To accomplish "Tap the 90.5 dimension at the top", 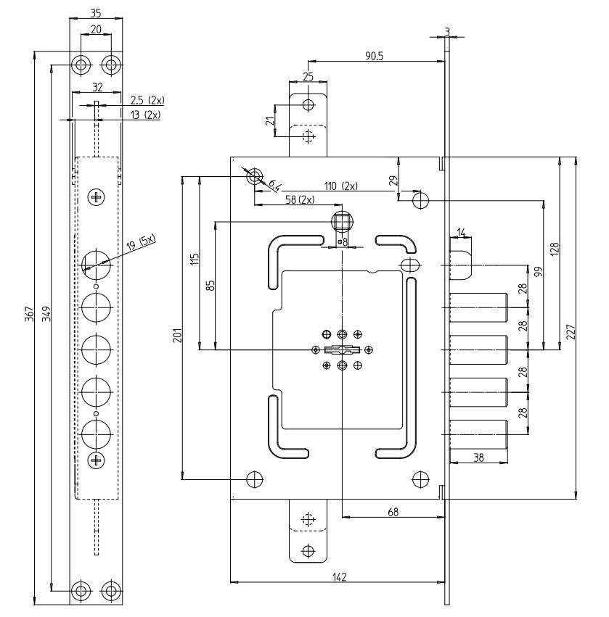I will coord(375,56).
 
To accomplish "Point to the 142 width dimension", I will coord(338,576).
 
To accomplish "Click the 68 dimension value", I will coord(392,512).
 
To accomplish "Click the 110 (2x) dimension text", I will coord(340,186).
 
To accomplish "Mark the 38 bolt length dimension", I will coord(478,457).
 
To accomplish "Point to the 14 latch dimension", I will coord(462,232).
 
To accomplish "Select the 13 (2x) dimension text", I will coord(145,115).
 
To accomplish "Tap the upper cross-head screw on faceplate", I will coord(96,196).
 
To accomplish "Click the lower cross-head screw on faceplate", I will coord(96,460).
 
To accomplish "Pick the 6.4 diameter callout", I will coord(274,185).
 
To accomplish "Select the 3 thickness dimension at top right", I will coord(447,30).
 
